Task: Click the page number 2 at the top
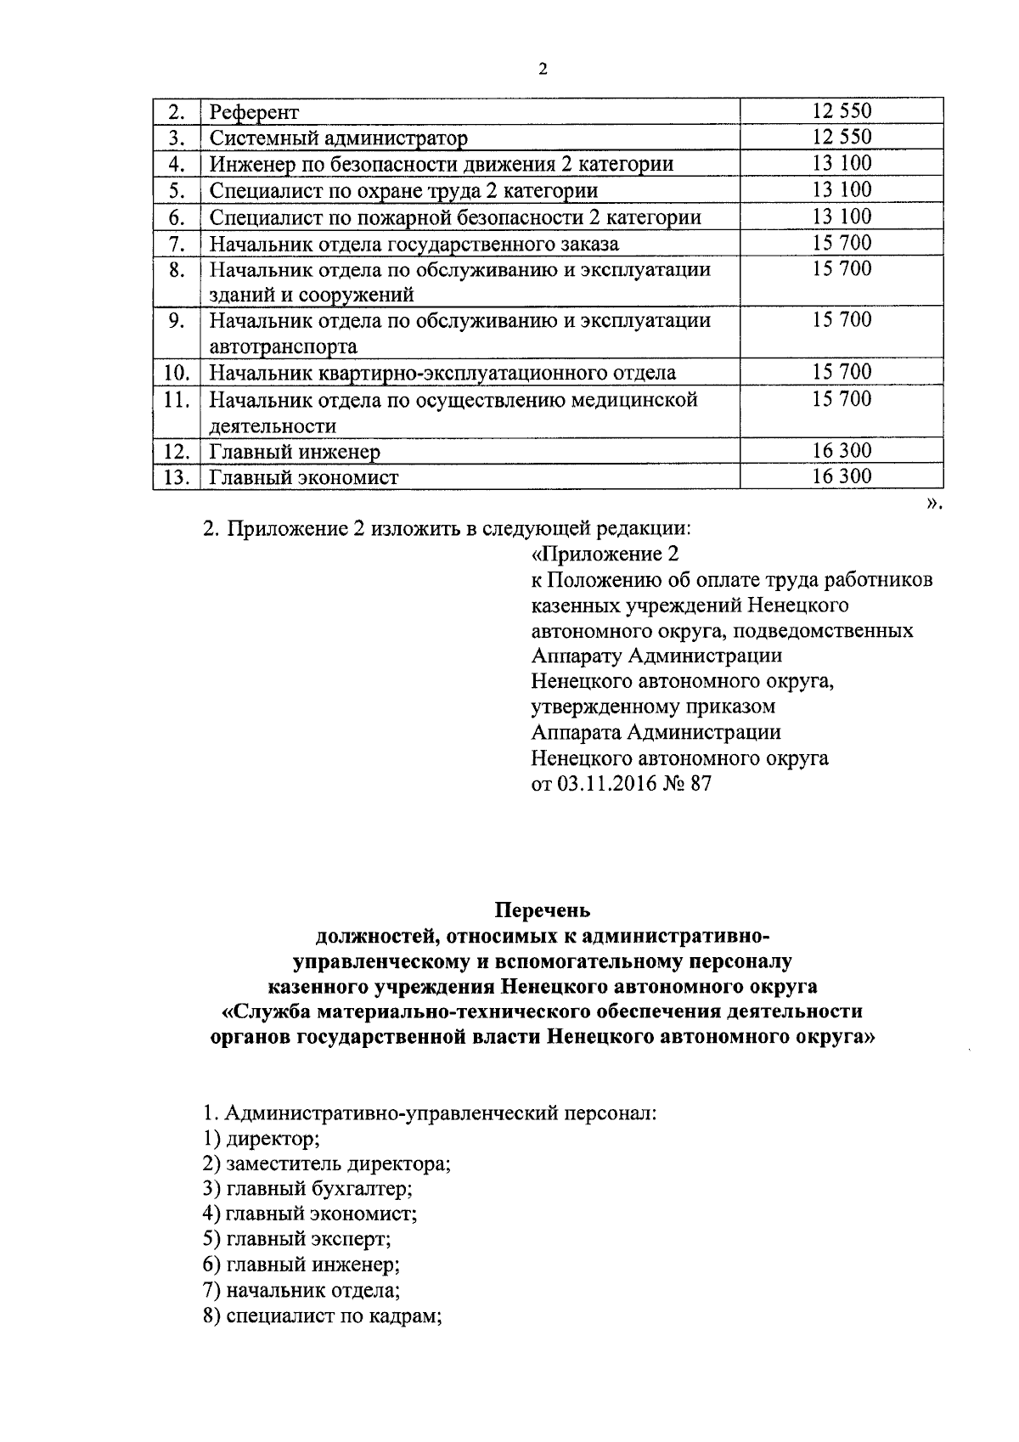pyautogui.click(x=543, y=70)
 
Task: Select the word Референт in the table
pyautogui.click(x=254, y=112)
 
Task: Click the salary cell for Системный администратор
pyautogui.click(x=841, y=138)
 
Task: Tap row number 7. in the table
pyautogui.click(x=177, y=244)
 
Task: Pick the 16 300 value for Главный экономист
pyautogui.click(x=841, y=476)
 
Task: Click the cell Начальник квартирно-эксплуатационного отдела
pyautogui.click(x=442, y=373)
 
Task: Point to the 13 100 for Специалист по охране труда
pyautogui.click(x=841, y=190)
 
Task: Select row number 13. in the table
pyautogui.click(x=176, y=477)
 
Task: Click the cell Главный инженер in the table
pyautogui.click(x=295, y=452)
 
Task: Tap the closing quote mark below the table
pyautogui.click(x=934, y=504)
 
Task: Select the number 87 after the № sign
pyautogui.click(x=701, y=783)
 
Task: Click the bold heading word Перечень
pyautogui.click(x=543, y=910)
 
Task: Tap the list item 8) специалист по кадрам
pyautogui.click(x=325, y=1316)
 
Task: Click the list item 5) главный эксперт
pyautogui.click(x=296, y=1240)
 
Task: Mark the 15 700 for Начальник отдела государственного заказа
pyautogui.click(x=841, y=244)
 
